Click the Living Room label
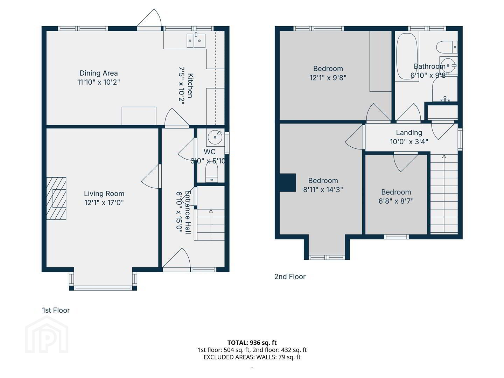pos(104,194)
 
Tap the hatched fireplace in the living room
pos(56,198)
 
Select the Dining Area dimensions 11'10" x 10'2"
pos(98,82)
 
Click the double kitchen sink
pos(196,41)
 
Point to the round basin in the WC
pos(215,137)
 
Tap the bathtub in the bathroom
pos(407,56)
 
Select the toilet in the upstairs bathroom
pos(447,47)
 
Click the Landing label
pos(409,132)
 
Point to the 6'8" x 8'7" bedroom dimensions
pos(396,201)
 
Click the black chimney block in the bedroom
pos(287,182)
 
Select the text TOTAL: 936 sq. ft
pos(252,343)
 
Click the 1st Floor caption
pos(56,310)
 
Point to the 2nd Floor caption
pos(290,276)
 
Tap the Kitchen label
pos(190,86)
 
